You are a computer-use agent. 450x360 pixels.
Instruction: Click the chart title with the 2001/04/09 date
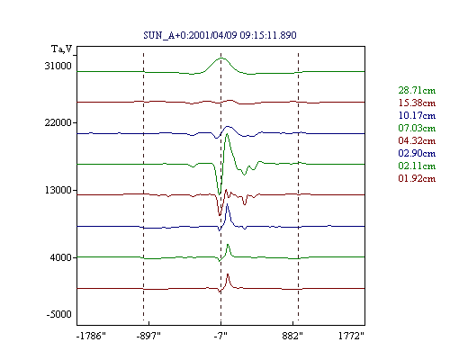220,35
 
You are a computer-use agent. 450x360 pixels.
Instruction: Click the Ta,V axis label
62,49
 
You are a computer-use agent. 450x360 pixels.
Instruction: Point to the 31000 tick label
58,66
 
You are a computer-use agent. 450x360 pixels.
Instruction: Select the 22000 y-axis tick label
58,122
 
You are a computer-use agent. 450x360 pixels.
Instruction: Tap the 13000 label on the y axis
58,190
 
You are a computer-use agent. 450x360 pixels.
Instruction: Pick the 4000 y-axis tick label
61,257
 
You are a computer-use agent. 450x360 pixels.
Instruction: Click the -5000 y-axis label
59,314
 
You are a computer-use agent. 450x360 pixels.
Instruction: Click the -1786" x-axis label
91,336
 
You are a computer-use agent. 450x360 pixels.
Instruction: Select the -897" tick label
148,336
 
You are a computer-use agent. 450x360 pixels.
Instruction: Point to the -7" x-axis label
220,336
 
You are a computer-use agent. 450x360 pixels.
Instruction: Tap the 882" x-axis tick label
292,336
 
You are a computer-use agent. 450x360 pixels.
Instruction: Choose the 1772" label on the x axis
351,336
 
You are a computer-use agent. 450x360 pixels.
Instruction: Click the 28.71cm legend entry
417,90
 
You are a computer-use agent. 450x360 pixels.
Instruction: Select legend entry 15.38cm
417,103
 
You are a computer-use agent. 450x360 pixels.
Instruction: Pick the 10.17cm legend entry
417,115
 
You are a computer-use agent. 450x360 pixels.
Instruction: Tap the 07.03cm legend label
417,128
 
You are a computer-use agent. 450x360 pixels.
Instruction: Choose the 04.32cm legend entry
417,140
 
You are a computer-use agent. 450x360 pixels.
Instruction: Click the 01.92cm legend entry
417,178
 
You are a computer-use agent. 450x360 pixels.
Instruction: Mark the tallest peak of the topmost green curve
221,58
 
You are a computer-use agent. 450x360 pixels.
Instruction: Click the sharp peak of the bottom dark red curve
228,274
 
